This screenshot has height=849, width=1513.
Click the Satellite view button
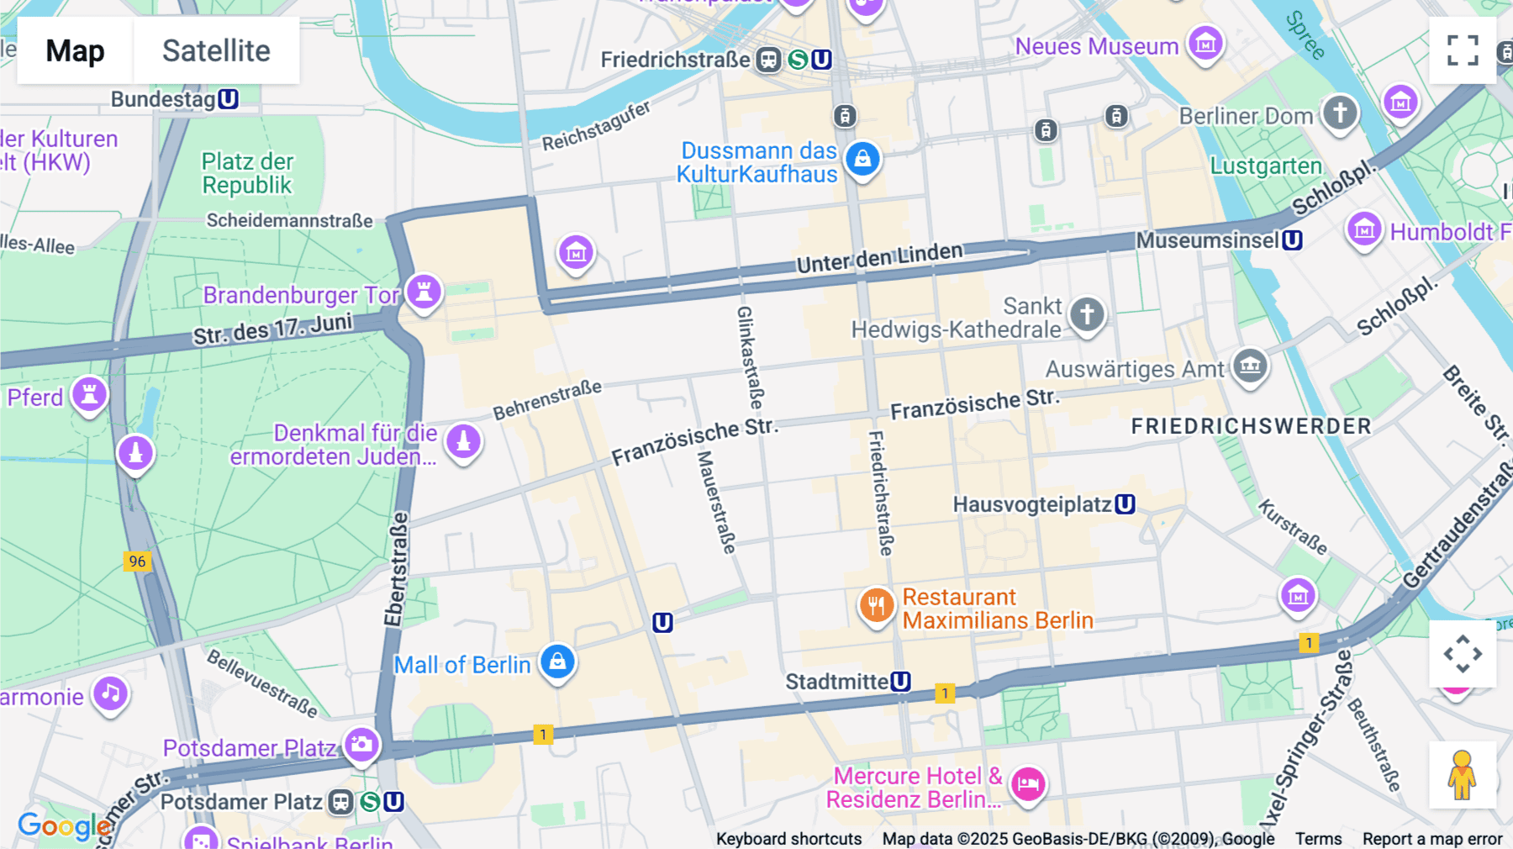[216, 50]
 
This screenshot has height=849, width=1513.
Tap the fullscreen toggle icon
[1463, 50]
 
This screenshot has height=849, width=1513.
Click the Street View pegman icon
[1462, 775]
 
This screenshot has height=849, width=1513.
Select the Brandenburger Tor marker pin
[424, 293]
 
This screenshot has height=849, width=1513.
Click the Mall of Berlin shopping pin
[557, 662]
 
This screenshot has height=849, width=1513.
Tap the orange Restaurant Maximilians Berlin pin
[876, 605]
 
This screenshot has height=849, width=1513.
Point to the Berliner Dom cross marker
[1340, 113]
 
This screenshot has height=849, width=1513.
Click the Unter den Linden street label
[879, 258]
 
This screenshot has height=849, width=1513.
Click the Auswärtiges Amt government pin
[1250, 366]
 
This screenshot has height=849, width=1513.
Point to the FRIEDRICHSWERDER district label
[1251, 426]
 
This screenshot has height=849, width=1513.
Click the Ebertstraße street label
[396, 569]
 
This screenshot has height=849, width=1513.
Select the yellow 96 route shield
[137, 561]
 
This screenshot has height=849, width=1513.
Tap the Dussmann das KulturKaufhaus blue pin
[862, 159]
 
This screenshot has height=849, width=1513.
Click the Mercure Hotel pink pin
[1027, 784]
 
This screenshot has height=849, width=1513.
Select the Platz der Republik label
[247, 173]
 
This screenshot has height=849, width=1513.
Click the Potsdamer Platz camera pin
[361, 745]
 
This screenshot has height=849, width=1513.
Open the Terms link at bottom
[1318, 839]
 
